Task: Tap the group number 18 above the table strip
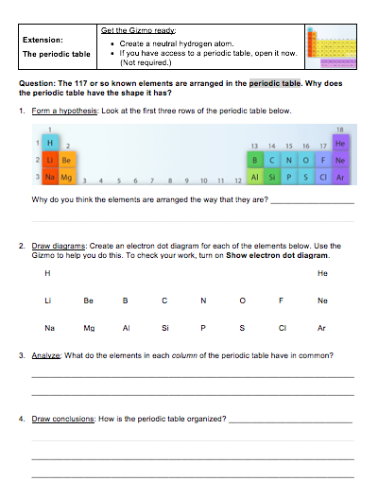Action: tap(339, 131)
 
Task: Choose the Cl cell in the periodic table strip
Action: tap(323, 176)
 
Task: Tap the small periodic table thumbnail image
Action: tap(331, 45)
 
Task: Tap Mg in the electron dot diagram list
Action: tap(89, 329)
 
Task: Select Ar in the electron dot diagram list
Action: tap(322, 329)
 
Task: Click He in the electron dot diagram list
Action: tap(322, 274)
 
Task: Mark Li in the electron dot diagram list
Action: tap(48, 301)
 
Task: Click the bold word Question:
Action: tap(39, 84)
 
